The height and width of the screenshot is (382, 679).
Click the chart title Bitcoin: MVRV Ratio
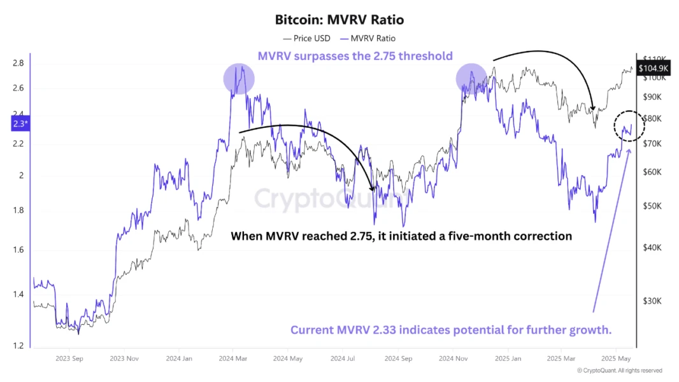339,20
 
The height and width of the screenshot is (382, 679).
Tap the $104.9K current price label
654,67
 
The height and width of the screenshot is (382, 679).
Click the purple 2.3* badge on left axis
20,124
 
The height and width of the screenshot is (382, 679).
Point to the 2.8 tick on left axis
18,63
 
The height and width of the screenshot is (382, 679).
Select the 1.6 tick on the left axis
18,250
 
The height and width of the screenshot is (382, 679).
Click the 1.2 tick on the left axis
18,346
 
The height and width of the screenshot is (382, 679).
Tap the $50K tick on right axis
653,206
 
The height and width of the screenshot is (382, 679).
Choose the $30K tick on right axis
653,301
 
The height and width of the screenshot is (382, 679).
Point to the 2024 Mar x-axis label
233,358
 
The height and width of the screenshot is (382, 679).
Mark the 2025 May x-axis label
617,358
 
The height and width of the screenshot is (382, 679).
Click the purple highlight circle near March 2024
239,80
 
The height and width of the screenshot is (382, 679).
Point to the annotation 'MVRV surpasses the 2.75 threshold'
355,56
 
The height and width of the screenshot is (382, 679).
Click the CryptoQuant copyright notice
619,371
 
